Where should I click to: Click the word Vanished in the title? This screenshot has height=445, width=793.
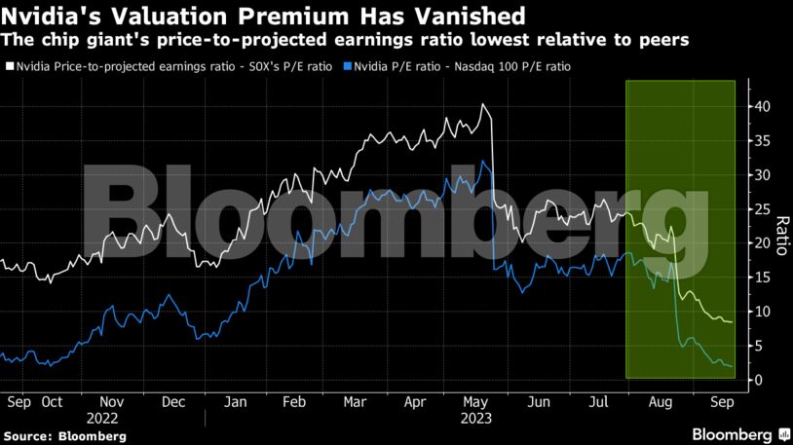tap(471, 16)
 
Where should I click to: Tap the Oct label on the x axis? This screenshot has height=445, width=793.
tap(52, 401)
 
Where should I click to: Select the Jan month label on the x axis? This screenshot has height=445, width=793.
tap(235, 401)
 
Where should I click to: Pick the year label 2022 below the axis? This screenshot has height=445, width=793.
tap(113, 417)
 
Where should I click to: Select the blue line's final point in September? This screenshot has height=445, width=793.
tap(733, 366)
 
